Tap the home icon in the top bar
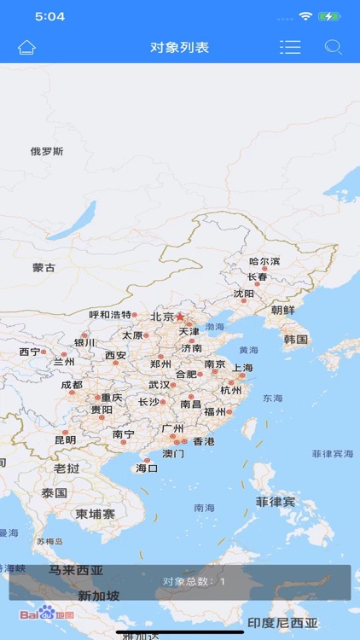click(x=27, y=47)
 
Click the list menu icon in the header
click(x=290, y=47)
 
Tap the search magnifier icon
click(x=333, y=47)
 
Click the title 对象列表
click(x=180, y=47)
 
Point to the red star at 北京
click(x=180, y=316)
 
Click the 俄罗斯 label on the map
click(x=47, y=152)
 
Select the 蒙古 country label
click(x=44, y=267)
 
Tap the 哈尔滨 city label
click(x=264, y=261)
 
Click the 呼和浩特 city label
click(x=111, y=315)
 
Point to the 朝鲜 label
click(x=283, y=310)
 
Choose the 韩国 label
click(x=296, y=339)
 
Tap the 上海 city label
click(x=242, y=368)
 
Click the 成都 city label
click(x=72, y=385)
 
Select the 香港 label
click(x=204, y=441)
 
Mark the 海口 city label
click(x=147, y=468)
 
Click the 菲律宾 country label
click(x=276, y=502)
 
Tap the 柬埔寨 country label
click(x=95, y=514)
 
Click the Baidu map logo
click(x=47, y=614)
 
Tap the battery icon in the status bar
click(x=328, y=16)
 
